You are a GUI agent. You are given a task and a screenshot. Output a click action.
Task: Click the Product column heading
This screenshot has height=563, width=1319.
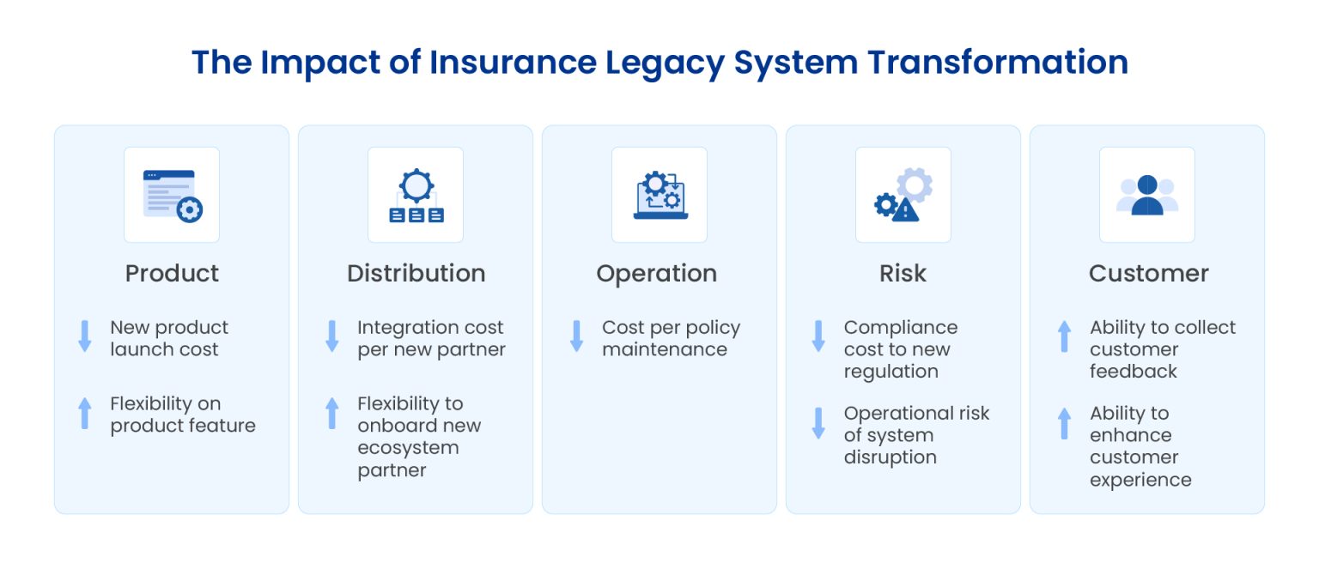click(x=172, y=273)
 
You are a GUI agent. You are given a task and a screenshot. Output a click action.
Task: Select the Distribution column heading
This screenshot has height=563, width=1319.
click(x=416, y=273)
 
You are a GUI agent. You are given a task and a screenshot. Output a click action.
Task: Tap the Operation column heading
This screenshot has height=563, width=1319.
click(x=656, y=274)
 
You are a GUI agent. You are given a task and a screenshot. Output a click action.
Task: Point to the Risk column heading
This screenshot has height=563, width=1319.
click(x=903, y=273)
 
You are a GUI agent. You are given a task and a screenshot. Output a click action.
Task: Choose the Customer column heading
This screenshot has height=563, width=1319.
click(x=1148, y=273)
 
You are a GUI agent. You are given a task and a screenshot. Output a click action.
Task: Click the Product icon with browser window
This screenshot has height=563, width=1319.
click(x=172, y=195)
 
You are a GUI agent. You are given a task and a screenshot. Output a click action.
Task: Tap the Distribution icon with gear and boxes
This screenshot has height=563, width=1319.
click(x=416, y=195)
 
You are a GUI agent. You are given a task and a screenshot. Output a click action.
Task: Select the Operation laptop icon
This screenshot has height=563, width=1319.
click(x=659, y=195)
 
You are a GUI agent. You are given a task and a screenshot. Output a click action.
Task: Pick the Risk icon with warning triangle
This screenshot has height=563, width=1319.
click(x=903, y=195)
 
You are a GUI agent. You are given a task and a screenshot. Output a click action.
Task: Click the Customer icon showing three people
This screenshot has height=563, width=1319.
click(x=1147, y=195)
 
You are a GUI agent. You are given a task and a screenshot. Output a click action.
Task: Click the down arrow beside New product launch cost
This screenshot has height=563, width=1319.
click(x=85, y=336)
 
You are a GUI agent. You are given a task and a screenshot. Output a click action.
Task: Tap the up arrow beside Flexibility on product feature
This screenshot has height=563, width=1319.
click(x=85, y=413)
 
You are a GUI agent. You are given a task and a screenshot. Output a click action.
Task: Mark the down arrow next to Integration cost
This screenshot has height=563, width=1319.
click(x=332, y=336)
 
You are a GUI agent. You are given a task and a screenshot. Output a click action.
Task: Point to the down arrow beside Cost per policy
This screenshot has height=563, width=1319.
click(x=577, y=336)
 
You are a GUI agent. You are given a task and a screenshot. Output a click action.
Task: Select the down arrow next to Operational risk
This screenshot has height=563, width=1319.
click(x=819, y=423)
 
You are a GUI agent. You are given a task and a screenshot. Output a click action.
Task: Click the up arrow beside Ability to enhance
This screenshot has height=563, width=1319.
click(x=1065, y=423)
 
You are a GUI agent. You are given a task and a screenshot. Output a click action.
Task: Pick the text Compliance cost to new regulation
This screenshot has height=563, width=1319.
click(x=900, y=349)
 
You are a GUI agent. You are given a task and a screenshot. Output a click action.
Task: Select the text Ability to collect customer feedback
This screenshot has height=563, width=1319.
click(x=1162, y=349)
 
